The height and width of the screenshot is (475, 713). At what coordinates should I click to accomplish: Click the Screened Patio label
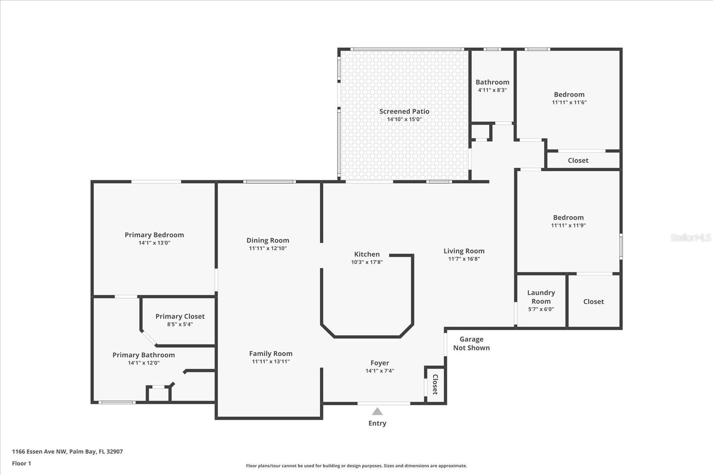[404, 111]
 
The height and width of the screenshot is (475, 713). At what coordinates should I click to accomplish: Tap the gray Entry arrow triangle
[377, 411]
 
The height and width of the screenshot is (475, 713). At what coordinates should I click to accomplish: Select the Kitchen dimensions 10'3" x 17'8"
[367, 262]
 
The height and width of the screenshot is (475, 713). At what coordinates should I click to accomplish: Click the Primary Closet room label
[180, 317]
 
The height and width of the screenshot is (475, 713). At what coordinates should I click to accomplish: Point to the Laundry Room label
[541, 296]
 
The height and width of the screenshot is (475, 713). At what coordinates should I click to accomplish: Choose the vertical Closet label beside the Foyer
[435, 384]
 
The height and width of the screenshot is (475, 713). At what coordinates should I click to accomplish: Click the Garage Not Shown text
[471, 343]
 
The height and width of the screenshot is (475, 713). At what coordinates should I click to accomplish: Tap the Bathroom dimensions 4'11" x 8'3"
[492, 90]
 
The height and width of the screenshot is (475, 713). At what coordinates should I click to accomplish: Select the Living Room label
[464, 251]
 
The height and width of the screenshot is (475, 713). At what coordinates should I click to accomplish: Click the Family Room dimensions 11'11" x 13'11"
[271, 361]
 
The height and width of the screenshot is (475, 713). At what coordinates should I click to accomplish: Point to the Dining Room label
[268, 240]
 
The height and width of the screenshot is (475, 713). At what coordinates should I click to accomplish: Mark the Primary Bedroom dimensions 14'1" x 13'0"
[154, 243]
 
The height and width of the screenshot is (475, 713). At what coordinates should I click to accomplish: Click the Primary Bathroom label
[143, 355]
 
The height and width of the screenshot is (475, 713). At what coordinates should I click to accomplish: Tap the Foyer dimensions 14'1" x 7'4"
[380, 371]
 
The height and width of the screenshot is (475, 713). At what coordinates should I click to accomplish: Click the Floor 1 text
[22, 463]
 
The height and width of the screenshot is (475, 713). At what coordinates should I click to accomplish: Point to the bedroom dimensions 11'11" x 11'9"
[569, 225]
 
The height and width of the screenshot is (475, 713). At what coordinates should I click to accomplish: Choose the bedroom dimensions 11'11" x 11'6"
[569, 102]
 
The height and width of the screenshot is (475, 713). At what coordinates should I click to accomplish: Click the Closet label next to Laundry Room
[593, 301]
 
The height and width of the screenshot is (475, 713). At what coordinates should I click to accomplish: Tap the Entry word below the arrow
[377, 423]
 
